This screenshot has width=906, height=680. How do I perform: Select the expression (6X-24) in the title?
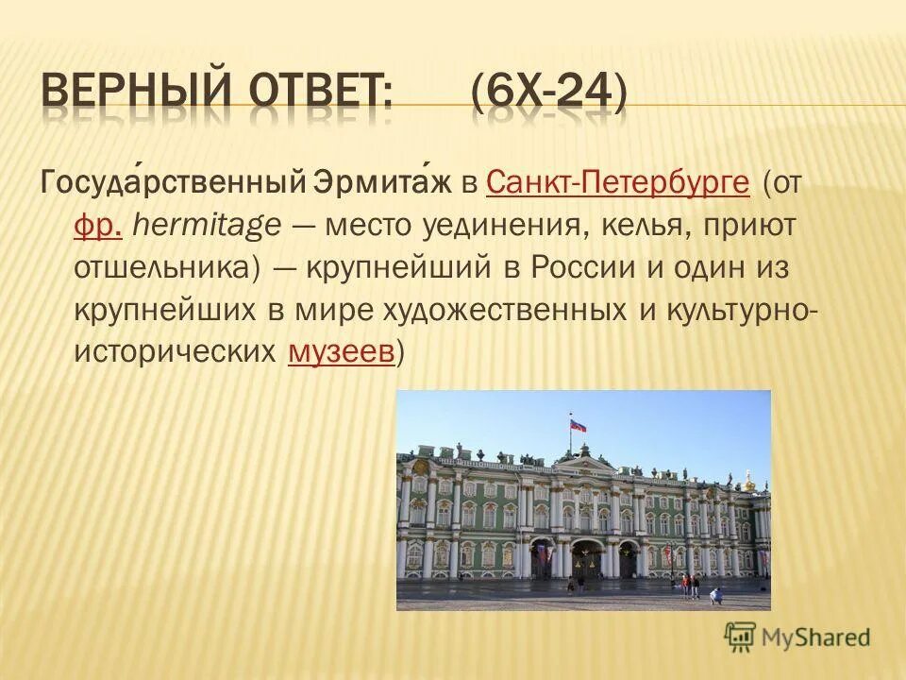pyautogui.click(x=548, y=95)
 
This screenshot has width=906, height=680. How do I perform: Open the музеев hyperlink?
pyautogui.click(x=341, y=351)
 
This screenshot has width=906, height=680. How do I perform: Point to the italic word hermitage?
pyautogui.click(x=206, y=225)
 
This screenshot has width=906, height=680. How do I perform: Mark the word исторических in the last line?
pyautogui.click(x=176, y=351)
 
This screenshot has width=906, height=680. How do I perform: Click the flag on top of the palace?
pyautogui.click(x=576, y=425)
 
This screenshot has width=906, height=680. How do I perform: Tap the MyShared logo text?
pyautogui.click(x=816, y=637)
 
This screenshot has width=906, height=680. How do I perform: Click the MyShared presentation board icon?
pyautogui.click(x=740, y=637)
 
